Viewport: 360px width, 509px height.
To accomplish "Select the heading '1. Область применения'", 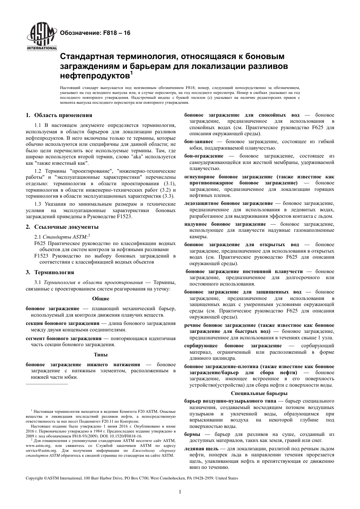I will (x=59, y=116).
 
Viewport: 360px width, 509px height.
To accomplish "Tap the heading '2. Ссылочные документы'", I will (x=62, y=227).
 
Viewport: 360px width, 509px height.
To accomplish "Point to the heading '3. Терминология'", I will (x=50, y=272).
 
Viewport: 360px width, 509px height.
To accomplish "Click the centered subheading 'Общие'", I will (x=100, y=299).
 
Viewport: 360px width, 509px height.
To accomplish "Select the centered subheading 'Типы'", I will (x=100, y=354).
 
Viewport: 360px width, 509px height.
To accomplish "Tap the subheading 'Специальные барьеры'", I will (x=259, y=393).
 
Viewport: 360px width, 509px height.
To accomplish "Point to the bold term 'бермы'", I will (x=193, y=434).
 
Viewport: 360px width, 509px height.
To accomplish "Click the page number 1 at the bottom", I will (x=180, y=492).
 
